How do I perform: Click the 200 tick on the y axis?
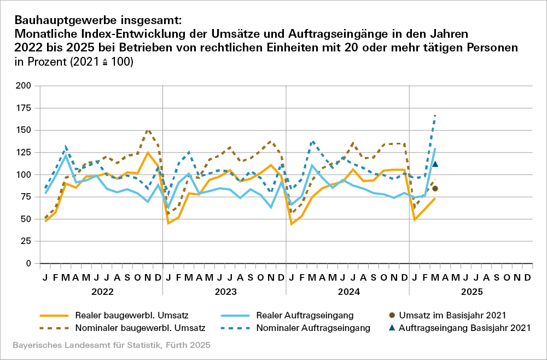coord(24,86)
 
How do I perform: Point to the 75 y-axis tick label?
coord(26,210)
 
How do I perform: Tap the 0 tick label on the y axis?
coord(28,263)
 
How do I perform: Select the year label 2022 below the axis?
coord(102,292)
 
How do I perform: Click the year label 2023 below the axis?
coord(225,292)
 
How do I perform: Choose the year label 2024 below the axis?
coord(348,292)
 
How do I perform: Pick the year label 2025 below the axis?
coord(472,292)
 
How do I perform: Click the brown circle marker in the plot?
coord(435,189)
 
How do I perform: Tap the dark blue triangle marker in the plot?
coord(435,164)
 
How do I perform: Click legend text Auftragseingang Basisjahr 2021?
coord(465,328)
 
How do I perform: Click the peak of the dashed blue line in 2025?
coord(435,114)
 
